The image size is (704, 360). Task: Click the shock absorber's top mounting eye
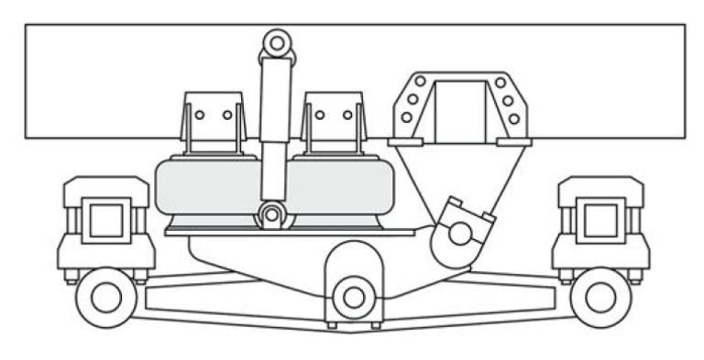pyautogui.click(x=276, y=41)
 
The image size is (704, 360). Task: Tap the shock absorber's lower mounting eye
pyautogui.click(x=272, y=216)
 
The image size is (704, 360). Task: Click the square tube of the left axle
pyautogui.click(x=106, y=221)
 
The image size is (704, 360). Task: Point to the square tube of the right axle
pyautogui.click(x=600, y=221)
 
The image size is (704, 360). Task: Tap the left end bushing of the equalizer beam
pyautogui.click(x=106, y=297)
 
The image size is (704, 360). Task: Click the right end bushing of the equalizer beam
pyautogui.click(x=600, y=297)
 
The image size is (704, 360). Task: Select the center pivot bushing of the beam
pyautogui.click(x=353, y=295)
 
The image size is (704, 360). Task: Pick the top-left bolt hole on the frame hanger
pyautogui.click(x=419, y=82)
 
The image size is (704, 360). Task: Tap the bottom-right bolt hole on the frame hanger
pyautogui.click(x=515, y=118)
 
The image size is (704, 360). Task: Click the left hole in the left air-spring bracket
pyautogui.click(x=199, y=115)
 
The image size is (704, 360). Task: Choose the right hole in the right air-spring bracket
pyautogui.click(x=346, y=115)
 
